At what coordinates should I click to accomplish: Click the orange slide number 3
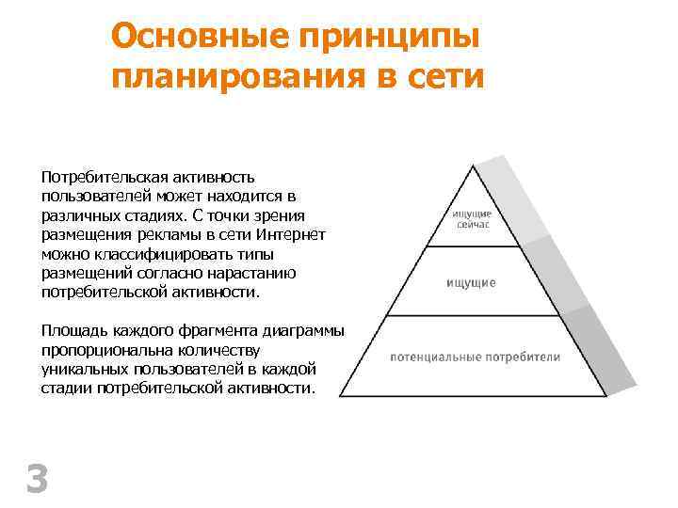pos(37,479)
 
